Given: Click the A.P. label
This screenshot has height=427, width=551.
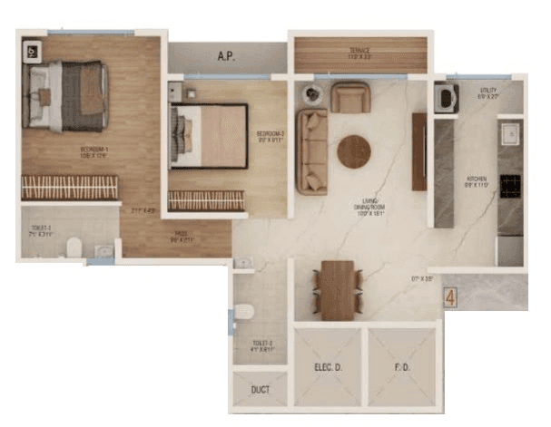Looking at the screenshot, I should click(227, 56).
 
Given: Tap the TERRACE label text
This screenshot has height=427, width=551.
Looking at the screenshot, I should click(360, 51).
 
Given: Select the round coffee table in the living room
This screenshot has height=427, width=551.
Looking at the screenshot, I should click(354, 151).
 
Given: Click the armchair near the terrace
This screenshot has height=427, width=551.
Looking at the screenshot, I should click(349, 97).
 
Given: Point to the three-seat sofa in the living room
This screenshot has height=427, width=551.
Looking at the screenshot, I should click(311, 151).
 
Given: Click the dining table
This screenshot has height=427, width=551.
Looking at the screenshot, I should click(338, 289).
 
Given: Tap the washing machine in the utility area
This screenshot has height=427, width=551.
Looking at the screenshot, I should click(446, 97).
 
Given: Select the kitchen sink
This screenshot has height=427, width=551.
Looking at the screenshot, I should click(510, 133).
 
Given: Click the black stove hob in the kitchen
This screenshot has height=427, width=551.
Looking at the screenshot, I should click(510, 186).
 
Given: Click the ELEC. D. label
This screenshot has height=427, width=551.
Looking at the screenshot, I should click(327, 369).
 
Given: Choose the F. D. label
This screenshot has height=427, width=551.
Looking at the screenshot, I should click(400, 369).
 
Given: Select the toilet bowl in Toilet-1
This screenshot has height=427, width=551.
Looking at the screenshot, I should click(76, 247).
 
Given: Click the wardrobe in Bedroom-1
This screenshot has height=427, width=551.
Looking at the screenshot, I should click(70, 188).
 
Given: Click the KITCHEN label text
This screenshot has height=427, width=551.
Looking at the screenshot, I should click(477, 180).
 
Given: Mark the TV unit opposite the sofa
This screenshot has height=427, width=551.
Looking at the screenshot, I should click(418, 151).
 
